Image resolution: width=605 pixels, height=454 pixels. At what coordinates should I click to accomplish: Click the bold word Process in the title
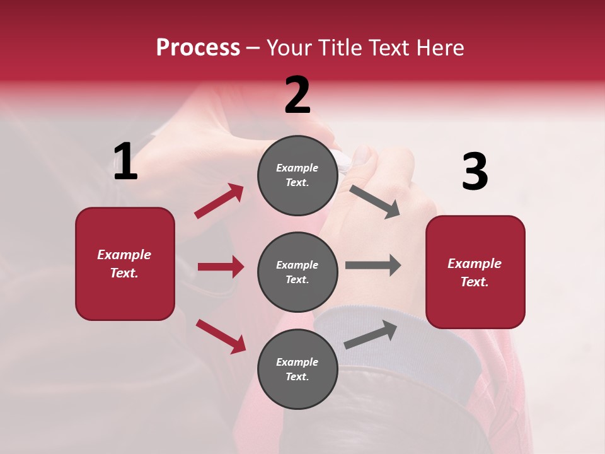click(x=198, y=48)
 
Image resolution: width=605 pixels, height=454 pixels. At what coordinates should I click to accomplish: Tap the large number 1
click(x=125, y=162)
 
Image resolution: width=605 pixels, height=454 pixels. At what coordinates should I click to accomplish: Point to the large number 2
click(x=297, y=96)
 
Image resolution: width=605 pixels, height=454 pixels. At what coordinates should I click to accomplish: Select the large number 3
click(x=475, y=172)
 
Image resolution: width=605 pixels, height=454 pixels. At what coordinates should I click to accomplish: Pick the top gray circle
click(x=297, y=175)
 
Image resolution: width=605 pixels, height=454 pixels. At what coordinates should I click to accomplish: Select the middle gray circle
click(x=297, y=272)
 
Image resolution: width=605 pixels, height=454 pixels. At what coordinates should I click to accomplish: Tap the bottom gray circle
click(x=297, y=369)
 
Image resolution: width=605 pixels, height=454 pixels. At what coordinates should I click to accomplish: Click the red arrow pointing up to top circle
click(x=219, y=201)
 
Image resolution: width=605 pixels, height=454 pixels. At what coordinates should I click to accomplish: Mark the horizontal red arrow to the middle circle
click(x=221, y=267)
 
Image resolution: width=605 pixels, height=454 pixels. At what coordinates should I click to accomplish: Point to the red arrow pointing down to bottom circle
click(x=221, y=336)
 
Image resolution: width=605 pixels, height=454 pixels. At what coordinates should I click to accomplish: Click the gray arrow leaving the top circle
click(x=375, y=202)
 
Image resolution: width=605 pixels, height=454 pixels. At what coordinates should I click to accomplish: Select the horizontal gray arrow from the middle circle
click(x=373, y=265)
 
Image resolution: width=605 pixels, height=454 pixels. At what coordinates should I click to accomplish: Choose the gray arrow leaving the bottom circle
click(x=371, y=335)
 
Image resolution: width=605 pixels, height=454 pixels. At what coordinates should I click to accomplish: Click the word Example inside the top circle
click(x=297, y=168)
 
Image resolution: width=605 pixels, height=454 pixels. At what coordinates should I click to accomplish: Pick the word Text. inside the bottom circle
click(x=297, y=376)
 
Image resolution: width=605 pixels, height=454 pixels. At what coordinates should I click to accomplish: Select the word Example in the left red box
click(x=124, y=255)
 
